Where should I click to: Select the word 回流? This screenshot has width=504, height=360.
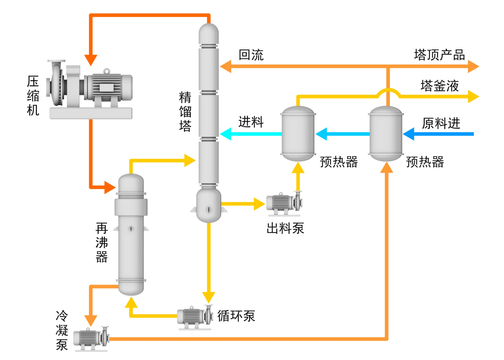point(251,55)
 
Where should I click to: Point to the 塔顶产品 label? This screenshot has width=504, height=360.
point(439,55)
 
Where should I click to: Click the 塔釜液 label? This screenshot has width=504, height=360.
point(439,86)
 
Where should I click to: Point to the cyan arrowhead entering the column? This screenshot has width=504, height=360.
point(226,134)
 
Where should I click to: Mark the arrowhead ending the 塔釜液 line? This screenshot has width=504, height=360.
point(473,96)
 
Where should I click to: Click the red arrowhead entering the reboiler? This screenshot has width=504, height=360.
point(110,188)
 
